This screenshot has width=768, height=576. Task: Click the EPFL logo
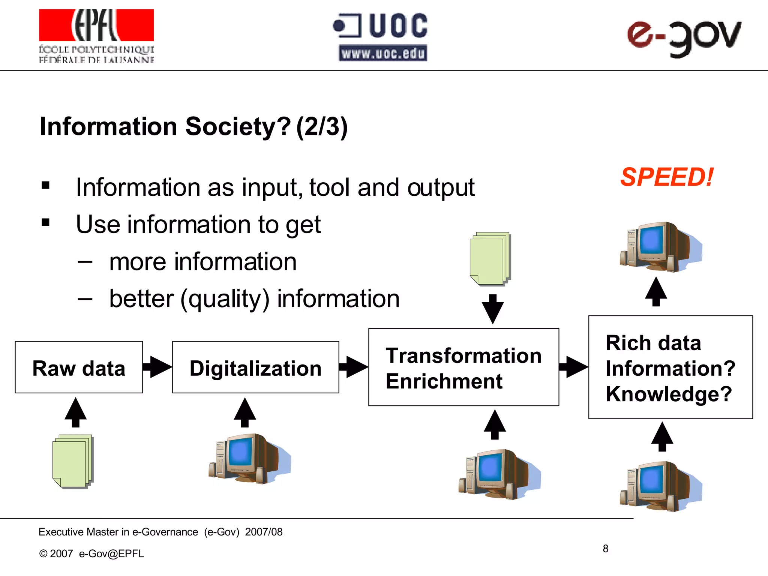[x=96, y=36]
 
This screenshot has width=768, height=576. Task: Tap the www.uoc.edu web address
[x=383, y=53]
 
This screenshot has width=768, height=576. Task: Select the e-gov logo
[x=684, y=37]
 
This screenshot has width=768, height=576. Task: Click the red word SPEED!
[x=667, y=177]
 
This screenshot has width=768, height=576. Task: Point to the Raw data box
[x=79, y=367]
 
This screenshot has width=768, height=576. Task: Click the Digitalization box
[x=255, y=367]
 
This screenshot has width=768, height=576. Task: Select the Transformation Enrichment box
[x=463, y=367]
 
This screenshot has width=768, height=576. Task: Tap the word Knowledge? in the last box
[x=669, y=394]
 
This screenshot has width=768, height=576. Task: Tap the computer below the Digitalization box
[x=249, y=458]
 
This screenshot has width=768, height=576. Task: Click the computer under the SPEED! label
[x=661, y=246]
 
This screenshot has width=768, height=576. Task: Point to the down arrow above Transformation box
[x=492, y=309]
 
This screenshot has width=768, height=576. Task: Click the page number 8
[x=605, y=549]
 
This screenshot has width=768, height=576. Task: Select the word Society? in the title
[x=238, y=127]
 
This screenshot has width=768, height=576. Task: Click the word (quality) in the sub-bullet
[x=225, y=299]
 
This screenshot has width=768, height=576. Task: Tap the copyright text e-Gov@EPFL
[x=111, y=553]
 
